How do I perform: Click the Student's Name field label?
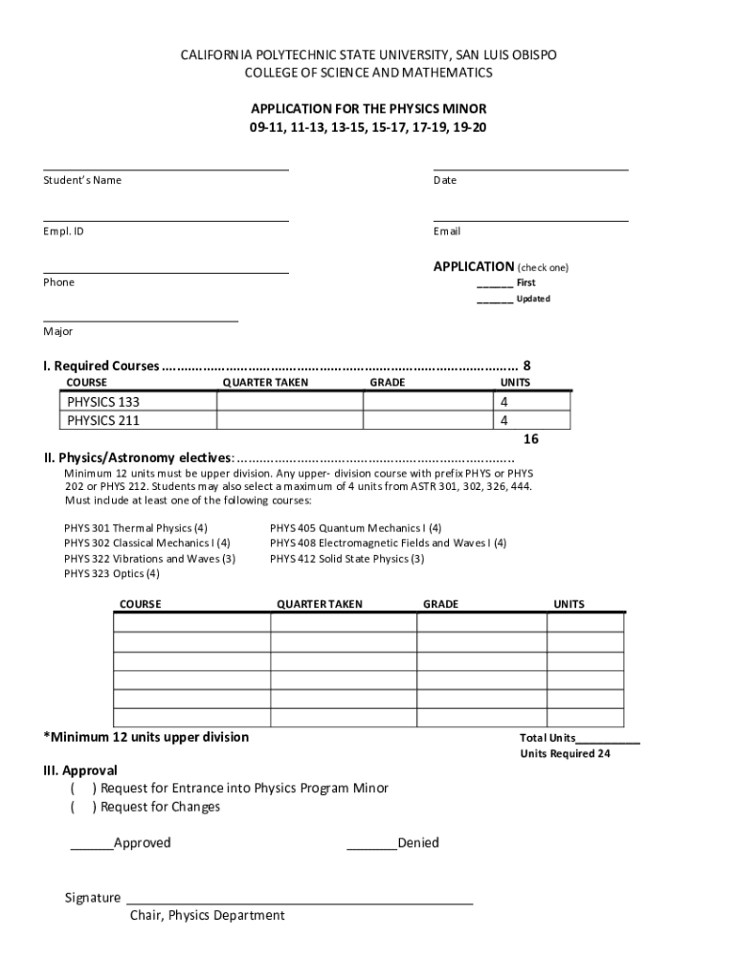point(82,180)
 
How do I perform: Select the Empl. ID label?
point(63,231)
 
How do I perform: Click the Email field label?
point(446,231)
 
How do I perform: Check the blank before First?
point(495,283)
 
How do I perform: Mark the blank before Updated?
point(495,300)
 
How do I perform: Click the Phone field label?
point(58,282)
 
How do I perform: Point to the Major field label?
point(57,331)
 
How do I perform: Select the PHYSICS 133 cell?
point(140,402)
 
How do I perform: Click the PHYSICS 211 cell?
point(140,420)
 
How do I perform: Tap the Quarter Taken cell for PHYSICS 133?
point(289,402)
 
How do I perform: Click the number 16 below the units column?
point(531,439)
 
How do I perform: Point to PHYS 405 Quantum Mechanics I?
point(355,528)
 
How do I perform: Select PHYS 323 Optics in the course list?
point(112,574)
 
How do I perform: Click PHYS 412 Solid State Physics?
point(346,559)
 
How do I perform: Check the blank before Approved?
point(91,843)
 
